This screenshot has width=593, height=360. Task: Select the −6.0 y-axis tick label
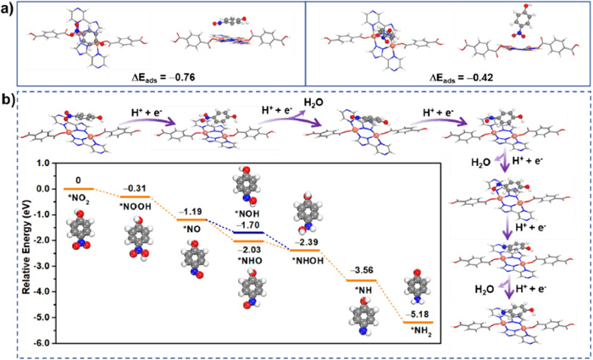coord(47,343)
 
